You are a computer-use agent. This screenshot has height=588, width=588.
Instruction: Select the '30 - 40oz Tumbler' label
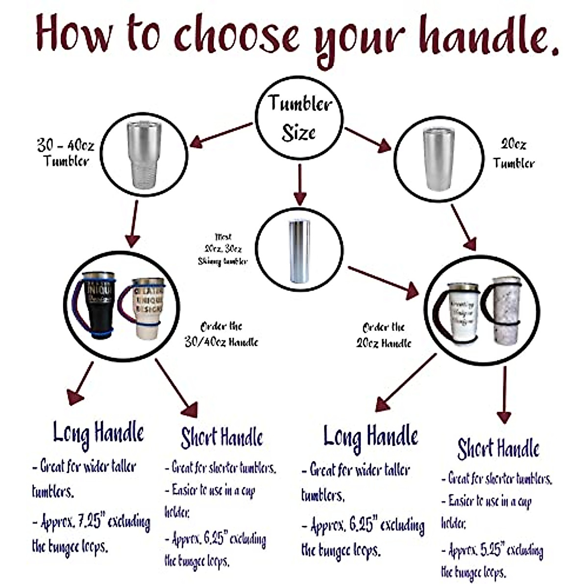point(66,153)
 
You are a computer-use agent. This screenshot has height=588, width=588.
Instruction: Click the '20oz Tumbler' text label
point(513,153)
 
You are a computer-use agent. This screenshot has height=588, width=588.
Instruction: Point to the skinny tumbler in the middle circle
point(299,251)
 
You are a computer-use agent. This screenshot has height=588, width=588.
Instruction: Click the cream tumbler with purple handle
point(147,308)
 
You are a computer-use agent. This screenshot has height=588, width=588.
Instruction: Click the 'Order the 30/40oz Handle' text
point(221,334)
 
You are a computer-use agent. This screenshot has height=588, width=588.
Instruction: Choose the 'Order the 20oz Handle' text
point(384,335)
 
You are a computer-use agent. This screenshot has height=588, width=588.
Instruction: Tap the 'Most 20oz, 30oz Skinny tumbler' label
point(223,249)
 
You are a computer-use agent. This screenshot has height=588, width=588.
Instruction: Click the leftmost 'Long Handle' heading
point(98,433)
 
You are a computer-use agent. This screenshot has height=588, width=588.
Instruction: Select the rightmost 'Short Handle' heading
point(498,448)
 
